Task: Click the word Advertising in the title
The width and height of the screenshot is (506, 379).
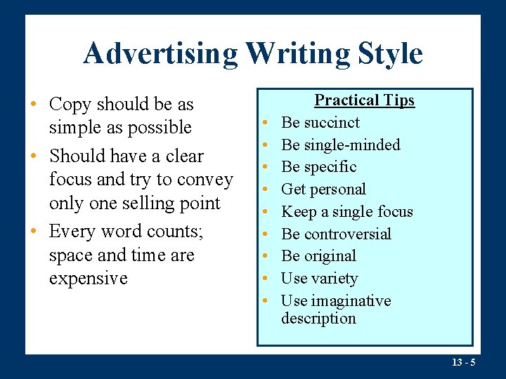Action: (x=160, y=53)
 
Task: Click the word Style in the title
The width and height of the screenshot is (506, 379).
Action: (x=388, y=53)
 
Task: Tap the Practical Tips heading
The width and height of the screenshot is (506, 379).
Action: (x=364, y=100)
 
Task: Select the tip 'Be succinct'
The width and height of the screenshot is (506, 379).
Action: (x=320, y=123)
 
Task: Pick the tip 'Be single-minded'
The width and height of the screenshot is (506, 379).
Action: (x=340, y=145)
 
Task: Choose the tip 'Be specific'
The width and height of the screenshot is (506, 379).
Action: (x=318, y=167)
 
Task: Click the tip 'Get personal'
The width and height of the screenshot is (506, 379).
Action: (x=323, y=189)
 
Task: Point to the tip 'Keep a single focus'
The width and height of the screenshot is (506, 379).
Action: (x=346, y=212)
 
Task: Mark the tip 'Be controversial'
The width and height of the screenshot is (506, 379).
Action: (x=336, y=234)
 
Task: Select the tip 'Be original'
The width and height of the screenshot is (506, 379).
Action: (x=318, y=256)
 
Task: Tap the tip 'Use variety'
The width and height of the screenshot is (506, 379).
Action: (x=319, y=279)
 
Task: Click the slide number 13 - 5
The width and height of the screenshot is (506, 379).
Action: (x=463, y=362)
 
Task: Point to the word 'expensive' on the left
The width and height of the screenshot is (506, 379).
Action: (x=89, y=279)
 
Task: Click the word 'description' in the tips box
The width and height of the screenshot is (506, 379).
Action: (x=318, y=319)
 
